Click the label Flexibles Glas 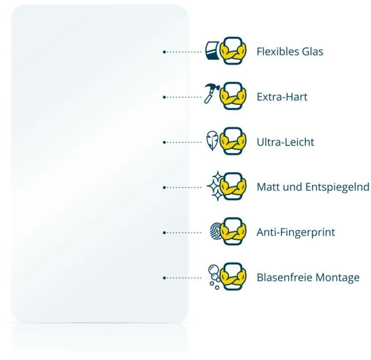coord(290,52)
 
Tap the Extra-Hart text coord(282,97)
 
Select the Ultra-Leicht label coord(285,142)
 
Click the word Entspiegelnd coord(337,187)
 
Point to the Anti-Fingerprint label coord(296,232)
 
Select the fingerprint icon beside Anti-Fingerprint coord(215,231)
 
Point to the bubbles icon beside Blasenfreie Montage coord(213,276)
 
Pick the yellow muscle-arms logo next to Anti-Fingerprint coord(233,232)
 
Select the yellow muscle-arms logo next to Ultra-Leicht coord(233,141)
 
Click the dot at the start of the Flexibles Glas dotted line coord(164,52)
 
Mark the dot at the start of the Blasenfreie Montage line coord(164,278)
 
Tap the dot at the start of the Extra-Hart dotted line coord(164,97)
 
